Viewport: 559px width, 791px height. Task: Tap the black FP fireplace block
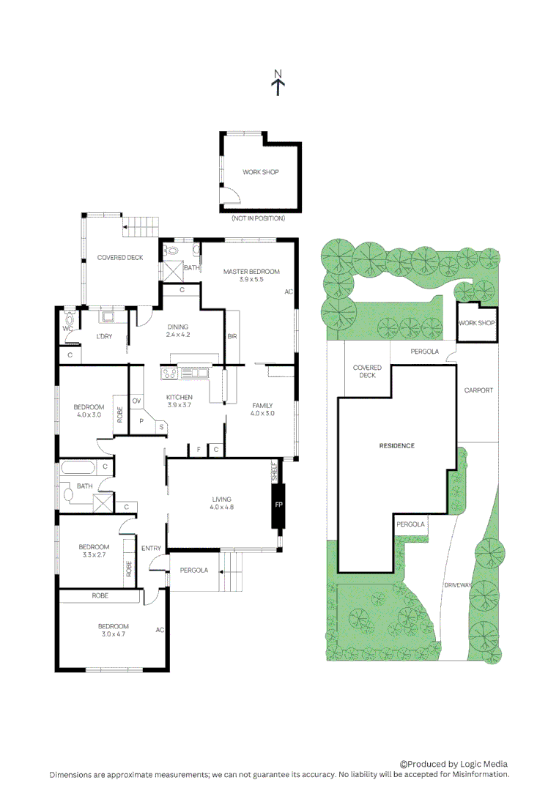point(278,505)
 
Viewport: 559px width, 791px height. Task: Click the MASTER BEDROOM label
point(251,272)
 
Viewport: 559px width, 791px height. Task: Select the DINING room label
point(177,327)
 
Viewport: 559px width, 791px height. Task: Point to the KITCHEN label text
point(179,397)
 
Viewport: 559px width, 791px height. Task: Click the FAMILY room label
point(262,405)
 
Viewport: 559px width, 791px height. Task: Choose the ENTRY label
point(152,548)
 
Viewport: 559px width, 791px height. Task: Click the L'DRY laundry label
point(104,337)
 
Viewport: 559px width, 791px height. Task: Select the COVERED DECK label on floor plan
point(120,257)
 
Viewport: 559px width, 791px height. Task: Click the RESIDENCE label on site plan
point(397,445)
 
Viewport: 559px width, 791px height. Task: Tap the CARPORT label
point(478,390)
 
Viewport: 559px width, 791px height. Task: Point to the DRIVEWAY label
point(456,585)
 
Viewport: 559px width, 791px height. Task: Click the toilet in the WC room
point(70,319)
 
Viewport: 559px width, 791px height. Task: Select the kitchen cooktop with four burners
point(171,373)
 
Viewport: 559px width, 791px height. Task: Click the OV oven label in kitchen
point(136,401)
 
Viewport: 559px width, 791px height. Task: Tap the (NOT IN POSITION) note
point(258,218)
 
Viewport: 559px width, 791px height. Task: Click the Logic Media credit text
point(453,764)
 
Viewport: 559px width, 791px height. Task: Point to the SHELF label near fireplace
point(275,472)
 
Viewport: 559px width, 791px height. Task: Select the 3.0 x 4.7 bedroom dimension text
point(114,635)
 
